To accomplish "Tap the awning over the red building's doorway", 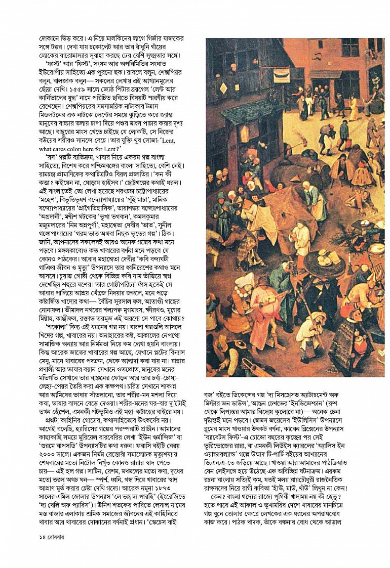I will (x=324, y=74).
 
